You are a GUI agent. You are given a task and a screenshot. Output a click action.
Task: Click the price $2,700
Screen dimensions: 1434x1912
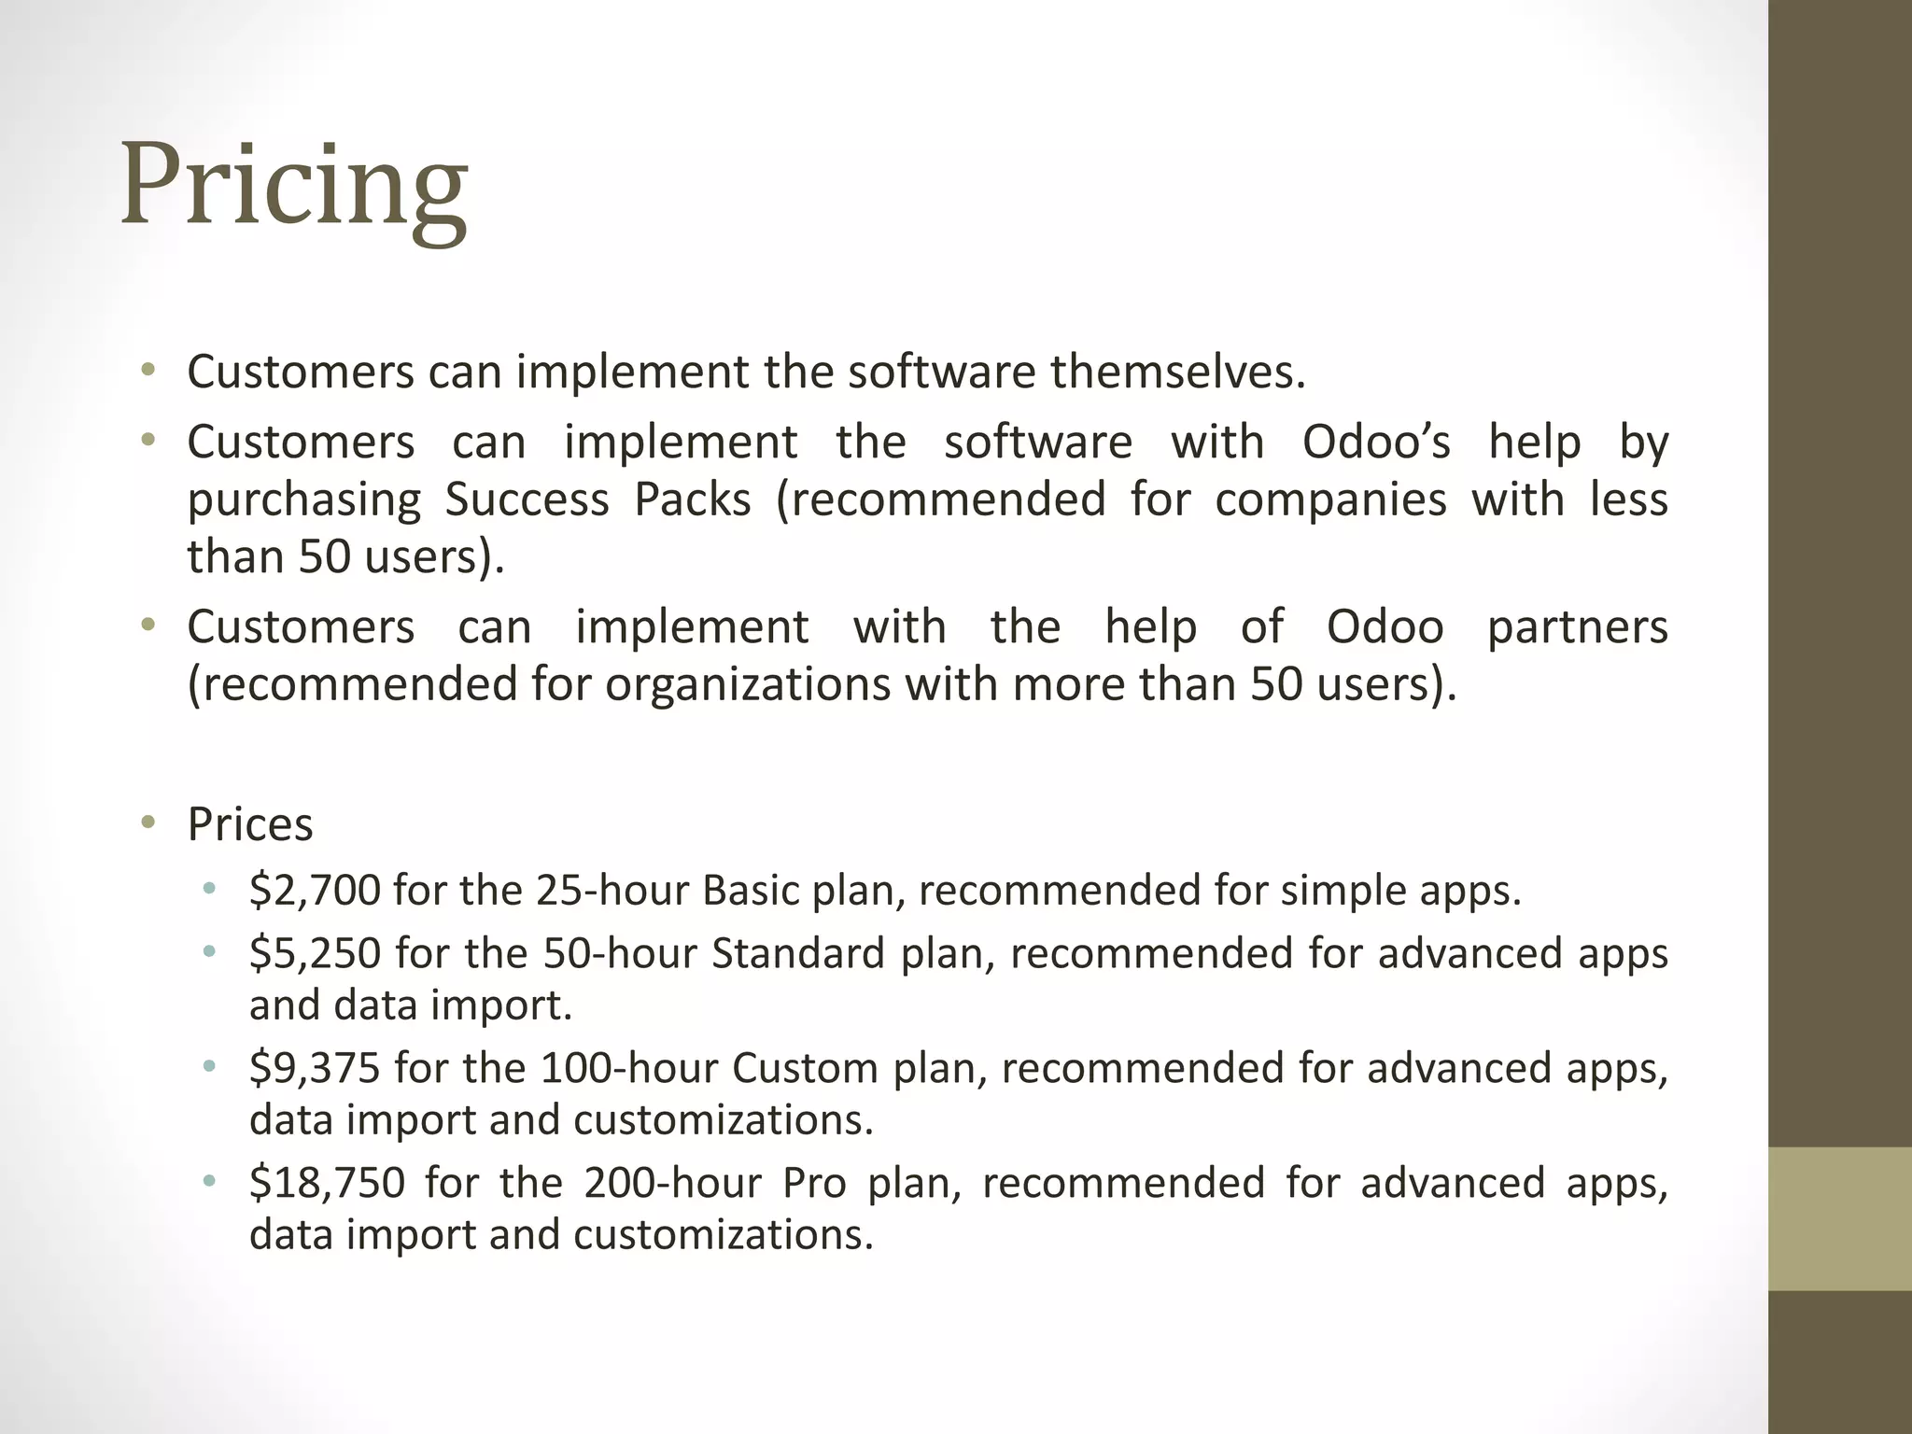pos(315,890)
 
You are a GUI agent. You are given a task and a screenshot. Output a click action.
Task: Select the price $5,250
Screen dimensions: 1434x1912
pos(315,953)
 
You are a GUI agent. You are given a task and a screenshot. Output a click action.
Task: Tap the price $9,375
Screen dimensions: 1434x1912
pos(315,1068)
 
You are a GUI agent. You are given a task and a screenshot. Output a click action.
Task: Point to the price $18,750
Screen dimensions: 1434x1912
pos(327,1183)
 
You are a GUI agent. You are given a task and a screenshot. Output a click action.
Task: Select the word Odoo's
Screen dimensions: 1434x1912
pos(1376,442)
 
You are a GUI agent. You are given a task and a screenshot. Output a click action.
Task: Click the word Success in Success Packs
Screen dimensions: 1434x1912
pos(527,499)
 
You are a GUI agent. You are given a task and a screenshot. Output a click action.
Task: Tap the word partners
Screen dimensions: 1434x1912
pos(1577,626)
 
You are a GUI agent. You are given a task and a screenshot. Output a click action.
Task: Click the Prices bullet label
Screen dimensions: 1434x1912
pos(250,824)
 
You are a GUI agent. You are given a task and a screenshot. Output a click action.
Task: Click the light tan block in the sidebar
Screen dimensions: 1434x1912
pos(1839,1218)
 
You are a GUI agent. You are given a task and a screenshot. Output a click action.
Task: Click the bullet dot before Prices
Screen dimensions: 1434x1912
pos(148,822)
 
